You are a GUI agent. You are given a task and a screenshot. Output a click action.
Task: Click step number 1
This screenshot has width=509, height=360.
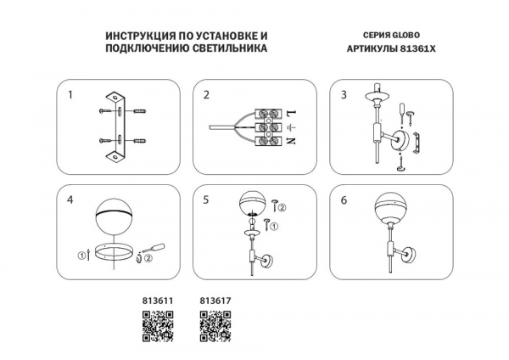pos(70,95)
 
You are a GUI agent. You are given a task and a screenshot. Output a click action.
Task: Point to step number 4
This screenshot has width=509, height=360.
pos(70,200)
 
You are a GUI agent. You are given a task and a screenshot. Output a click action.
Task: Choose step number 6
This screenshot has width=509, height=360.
pos(344,200)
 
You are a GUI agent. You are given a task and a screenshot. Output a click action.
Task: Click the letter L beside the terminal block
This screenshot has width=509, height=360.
pos(291,114)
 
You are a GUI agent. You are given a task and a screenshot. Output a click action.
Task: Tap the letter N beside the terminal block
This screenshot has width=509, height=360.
pos(291,141)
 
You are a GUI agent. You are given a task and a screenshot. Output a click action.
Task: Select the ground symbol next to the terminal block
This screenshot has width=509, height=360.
pos(291,127)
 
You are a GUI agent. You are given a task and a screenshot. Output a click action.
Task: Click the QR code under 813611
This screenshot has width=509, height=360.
pos(158,326)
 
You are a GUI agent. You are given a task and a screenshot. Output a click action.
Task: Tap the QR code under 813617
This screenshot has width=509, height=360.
pos(215,326)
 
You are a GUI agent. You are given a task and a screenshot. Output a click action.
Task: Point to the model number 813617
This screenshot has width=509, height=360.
pos(215,301)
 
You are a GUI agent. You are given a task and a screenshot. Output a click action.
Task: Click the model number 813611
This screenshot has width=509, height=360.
pos(158,301)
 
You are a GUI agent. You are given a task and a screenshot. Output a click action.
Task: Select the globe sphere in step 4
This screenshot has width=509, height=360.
pos(115,218)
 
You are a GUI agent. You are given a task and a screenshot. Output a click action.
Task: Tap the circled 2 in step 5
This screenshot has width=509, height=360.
pos(282,207)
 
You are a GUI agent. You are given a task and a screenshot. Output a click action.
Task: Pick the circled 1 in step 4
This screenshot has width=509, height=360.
pos(81,256)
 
